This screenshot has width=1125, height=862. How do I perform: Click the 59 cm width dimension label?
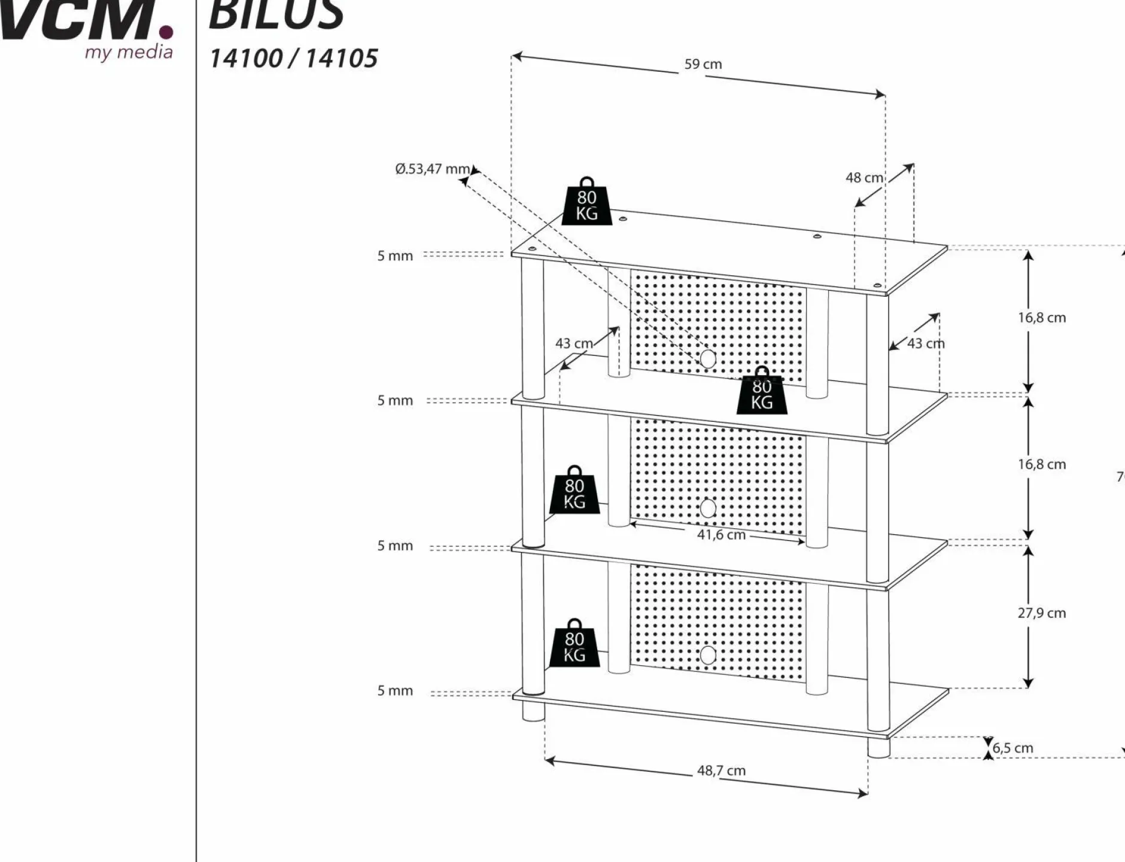point(703,65)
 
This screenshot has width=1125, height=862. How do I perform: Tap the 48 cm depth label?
point(863,178)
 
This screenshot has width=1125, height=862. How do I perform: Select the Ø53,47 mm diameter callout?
point(432,169)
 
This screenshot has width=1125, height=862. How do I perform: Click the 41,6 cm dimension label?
point(721,535)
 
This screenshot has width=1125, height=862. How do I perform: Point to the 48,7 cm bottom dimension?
point(721,770)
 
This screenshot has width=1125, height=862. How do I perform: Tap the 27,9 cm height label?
point(1041,613)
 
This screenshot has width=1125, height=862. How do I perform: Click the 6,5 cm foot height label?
point(1013,748)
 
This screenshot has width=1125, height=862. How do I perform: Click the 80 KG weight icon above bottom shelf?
point(574,644)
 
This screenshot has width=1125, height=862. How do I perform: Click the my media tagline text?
point(128,52)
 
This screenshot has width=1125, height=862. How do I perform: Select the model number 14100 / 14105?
point(293,59)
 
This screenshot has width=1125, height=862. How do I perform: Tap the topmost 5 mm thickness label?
point(395,256)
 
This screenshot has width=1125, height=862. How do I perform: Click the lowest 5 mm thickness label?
point(395,691)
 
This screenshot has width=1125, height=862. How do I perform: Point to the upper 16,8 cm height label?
point(1041,318)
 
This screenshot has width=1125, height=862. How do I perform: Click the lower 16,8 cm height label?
point(1041,465)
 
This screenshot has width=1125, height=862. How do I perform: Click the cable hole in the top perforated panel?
point(708,359)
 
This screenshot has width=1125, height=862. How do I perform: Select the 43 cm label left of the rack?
point(573,344)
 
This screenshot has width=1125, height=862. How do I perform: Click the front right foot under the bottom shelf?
point(878,748)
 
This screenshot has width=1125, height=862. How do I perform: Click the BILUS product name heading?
point(276,15)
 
